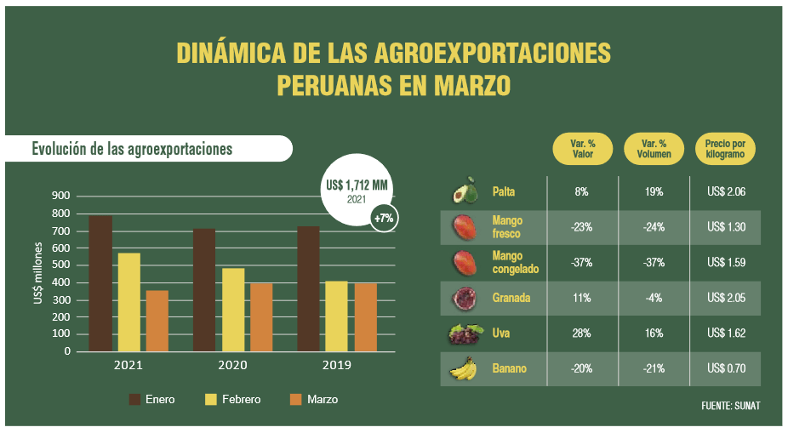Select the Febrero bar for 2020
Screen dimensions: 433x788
(x=233, y=310)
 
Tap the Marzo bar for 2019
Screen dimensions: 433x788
(x=365, y=317)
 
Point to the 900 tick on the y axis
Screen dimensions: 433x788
(x=60, y=196)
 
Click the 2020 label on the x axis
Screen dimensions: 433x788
(x=233, y=365)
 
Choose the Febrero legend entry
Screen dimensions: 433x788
(x=233, y=399)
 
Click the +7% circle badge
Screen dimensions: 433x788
(x=384, y=219)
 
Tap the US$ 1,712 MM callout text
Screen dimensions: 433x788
(x=357, y=185)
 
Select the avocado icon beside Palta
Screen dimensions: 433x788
(x=465, y=191)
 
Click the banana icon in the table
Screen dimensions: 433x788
(x=463, y=369)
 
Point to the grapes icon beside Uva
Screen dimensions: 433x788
(x=465, y=333)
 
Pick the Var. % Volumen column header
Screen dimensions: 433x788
(x=654, y=150)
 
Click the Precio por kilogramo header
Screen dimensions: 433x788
(x=725, y=150)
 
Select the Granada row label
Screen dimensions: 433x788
(x=511, y=299)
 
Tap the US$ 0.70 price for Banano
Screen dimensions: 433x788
(x=726, y=369)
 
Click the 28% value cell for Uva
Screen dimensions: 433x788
(x=582, y=333)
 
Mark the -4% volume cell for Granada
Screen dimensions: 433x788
(x=654, y=299)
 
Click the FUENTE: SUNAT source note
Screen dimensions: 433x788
(x=730, y=406)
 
